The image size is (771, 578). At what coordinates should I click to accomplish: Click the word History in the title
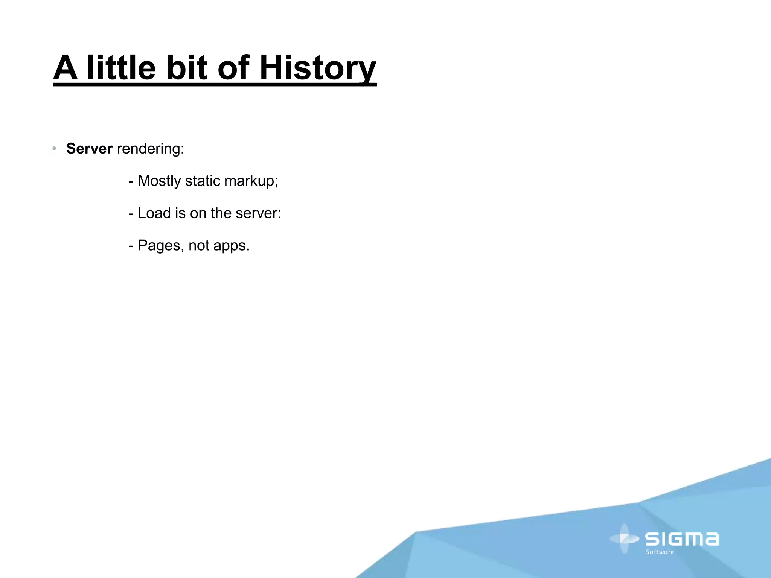[317, 68]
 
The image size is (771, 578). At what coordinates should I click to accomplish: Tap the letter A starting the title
[66, 68]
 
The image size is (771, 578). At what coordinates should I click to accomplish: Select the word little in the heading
[121, 68]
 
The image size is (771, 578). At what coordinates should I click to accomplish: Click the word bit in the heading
[187, 68]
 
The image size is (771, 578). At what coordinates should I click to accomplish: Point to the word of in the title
[233, 68]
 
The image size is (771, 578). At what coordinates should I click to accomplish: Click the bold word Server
[89, 149]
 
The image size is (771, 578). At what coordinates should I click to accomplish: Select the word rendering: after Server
[151, 149]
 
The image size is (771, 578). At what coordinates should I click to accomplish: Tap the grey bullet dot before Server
[55, 149]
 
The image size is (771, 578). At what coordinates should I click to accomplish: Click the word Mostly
[159, 181]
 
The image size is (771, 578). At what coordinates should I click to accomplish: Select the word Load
[154, 213]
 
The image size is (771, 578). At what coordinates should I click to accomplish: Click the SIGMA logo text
[682, 539]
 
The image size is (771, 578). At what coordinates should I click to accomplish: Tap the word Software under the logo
[660, 552]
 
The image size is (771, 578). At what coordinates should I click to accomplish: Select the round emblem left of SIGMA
[625, 539]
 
